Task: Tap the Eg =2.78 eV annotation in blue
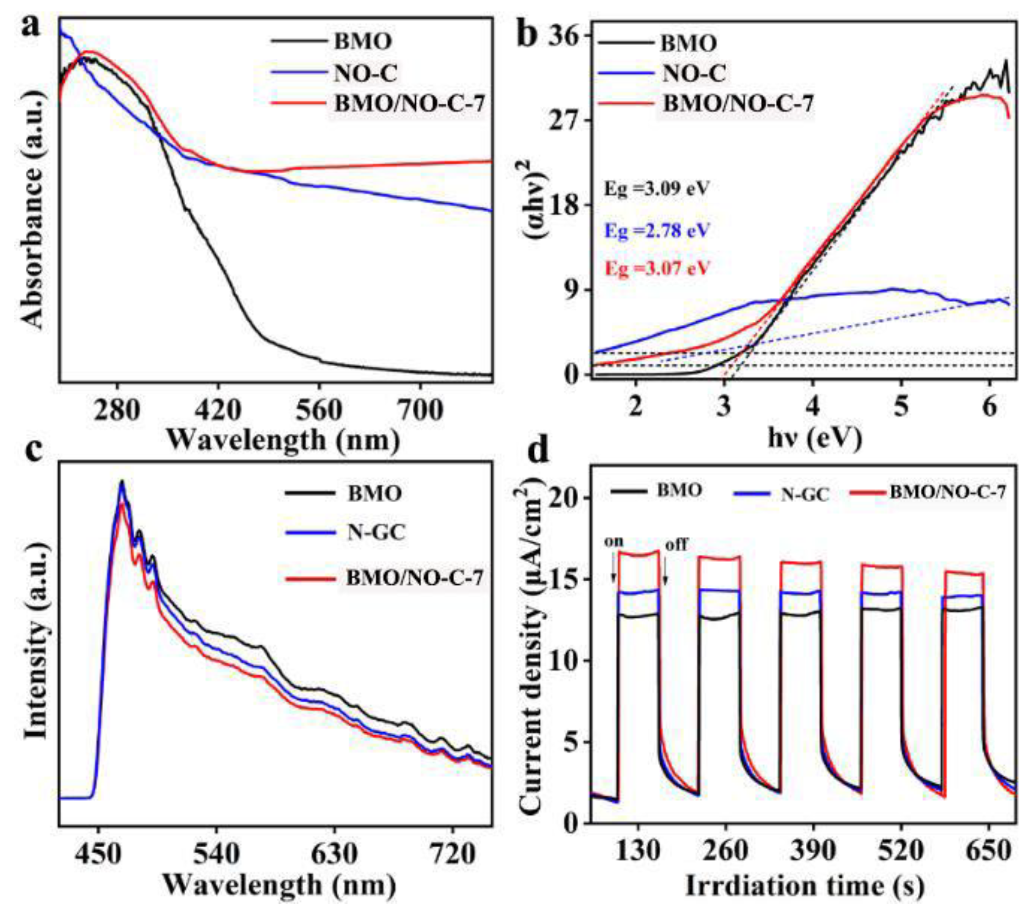pos(657,231)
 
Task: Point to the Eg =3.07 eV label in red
pos(657,268)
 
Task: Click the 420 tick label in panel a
pos(218,411)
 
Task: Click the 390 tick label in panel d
pos(813,837)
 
